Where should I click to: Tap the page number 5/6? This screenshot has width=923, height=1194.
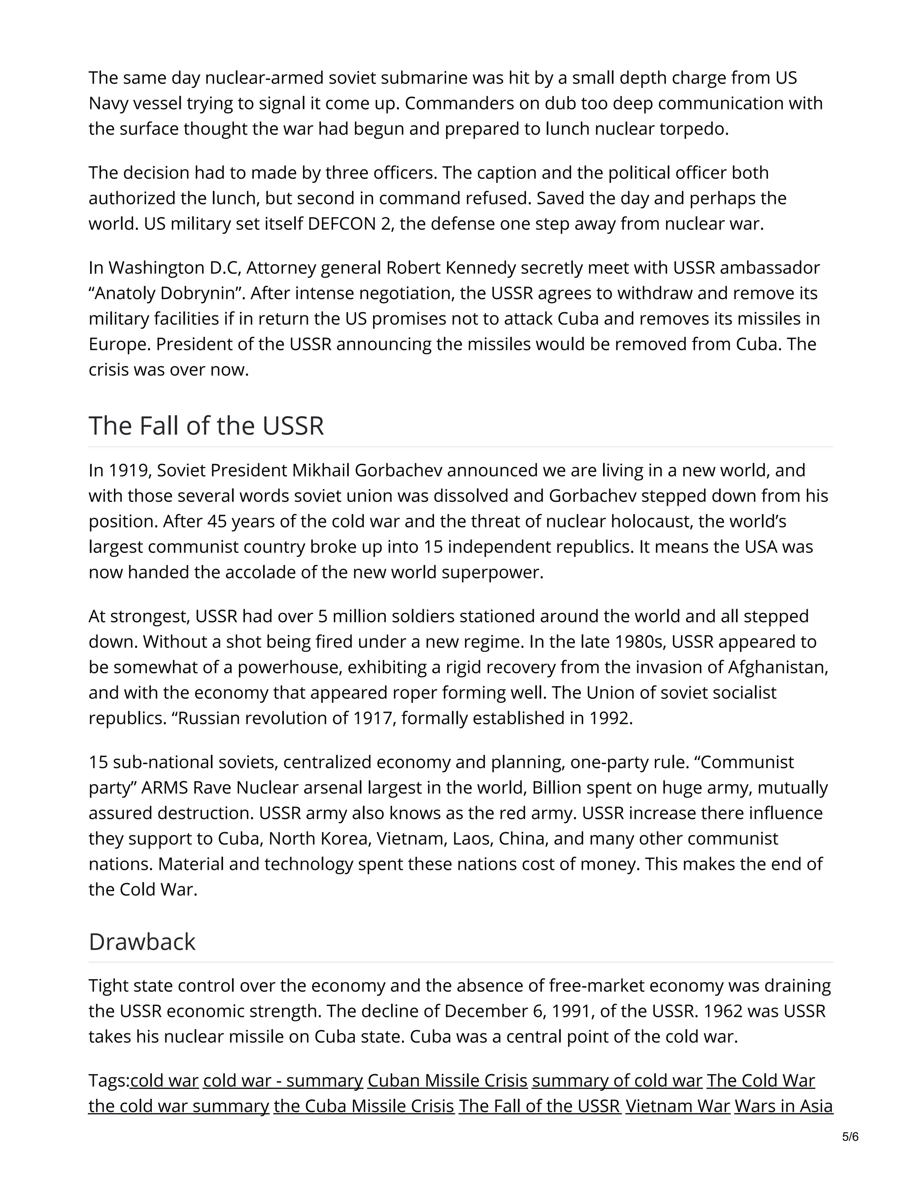[x=850, y=1138]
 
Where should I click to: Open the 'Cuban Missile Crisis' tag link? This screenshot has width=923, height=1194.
[x=447, y=1081]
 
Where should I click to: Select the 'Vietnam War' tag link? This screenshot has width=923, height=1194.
[x=677, y=1107]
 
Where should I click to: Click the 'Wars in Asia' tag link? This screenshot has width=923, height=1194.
[x=784, y=1107]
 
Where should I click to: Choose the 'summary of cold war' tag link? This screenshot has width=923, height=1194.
[x=617, y=1081]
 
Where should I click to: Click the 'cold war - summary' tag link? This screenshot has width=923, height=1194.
[x=283, y=1081]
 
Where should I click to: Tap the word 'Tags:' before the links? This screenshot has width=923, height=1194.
[x=109, y=1081]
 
